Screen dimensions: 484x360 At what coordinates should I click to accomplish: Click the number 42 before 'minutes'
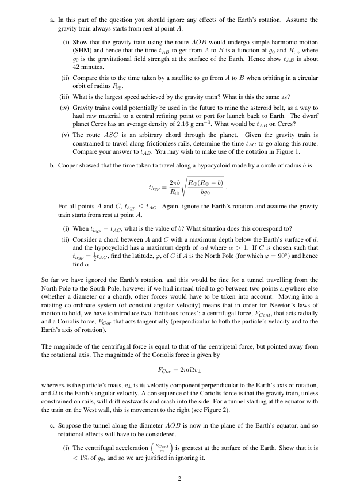(x=76, y=67)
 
